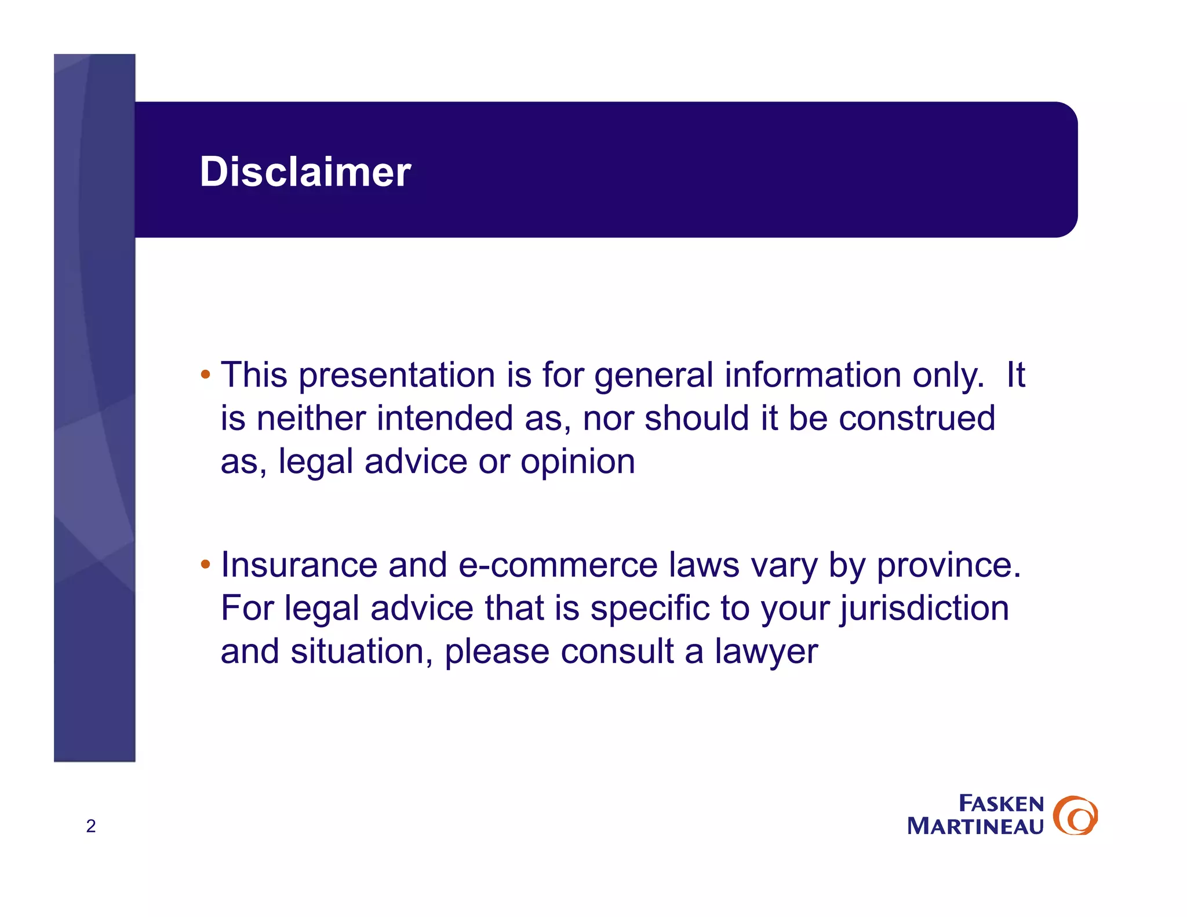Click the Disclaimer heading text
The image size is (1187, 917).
[x=305, y=172]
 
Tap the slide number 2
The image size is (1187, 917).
[x=91, y=826]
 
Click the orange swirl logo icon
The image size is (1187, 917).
[x=1075, y=816]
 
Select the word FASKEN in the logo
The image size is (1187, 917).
[x=1001, y=803]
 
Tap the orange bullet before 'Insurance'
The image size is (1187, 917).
[x=205, y=564]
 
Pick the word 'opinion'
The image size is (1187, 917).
[x=577, y=463]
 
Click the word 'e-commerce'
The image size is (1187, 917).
[x=558, y=565]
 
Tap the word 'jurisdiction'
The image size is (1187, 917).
[x=924, y=609]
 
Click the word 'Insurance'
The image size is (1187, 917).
[x=299, y=565]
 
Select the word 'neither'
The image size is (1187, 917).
[x=311, y=419]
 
